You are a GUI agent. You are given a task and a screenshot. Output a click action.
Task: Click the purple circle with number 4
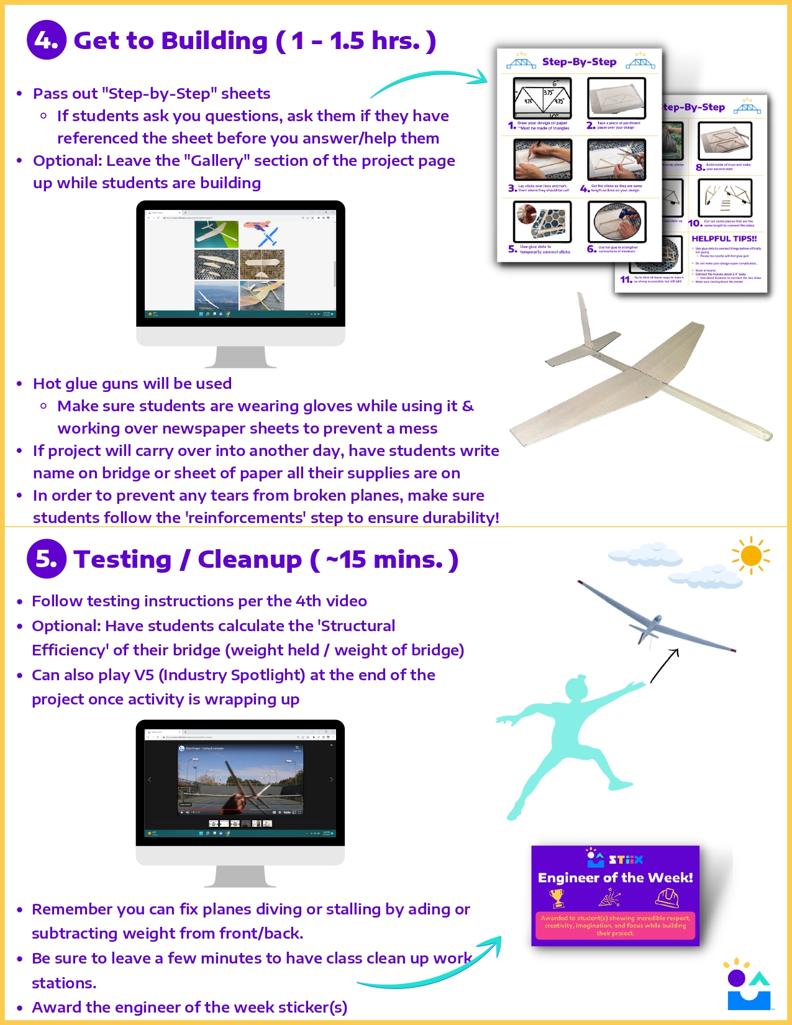pos(46,40)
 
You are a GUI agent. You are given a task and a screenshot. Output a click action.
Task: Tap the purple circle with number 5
pos(46,558)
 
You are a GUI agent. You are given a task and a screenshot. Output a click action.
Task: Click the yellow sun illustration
pos(751,555)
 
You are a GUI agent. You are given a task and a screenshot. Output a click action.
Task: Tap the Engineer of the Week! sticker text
pos(615,878)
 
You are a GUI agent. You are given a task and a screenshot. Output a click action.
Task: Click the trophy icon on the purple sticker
pos(557,898)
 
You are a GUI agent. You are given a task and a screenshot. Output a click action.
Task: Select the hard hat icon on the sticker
pos(667,898)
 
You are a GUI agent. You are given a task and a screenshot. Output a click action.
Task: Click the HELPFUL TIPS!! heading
pos(724,239)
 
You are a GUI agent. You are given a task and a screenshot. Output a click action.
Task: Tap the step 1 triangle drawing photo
pos(542,98)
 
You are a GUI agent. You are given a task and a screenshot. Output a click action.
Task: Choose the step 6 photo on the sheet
pos(616,222)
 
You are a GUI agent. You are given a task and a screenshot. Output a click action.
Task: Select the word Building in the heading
pos(215,41)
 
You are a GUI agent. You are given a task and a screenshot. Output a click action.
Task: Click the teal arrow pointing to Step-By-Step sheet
pos(429,81)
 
